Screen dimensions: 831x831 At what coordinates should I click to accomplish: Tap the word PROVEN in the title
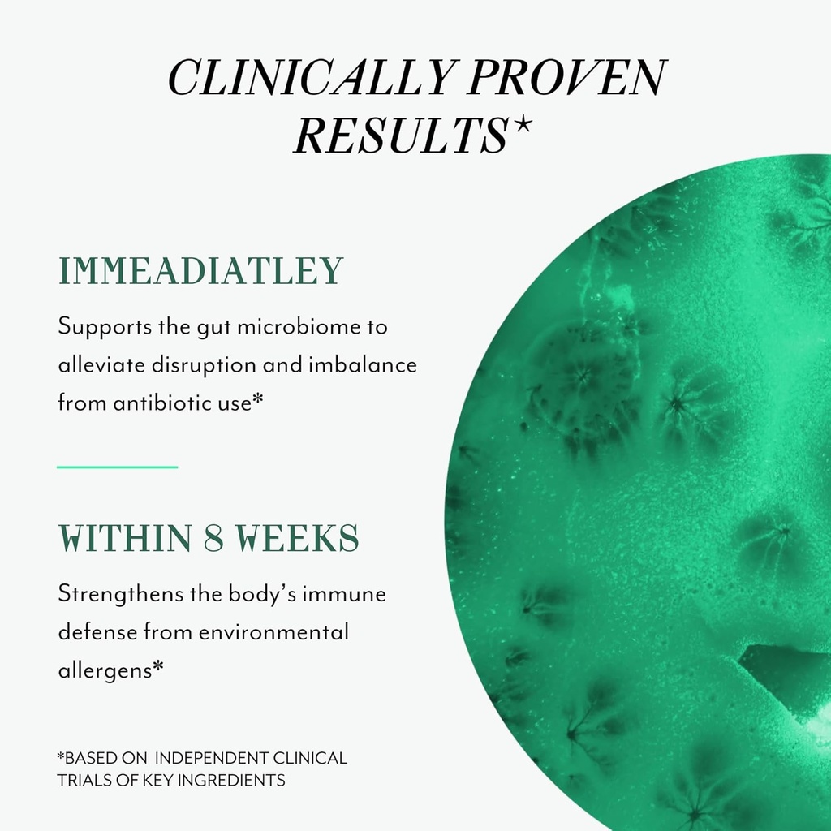pyautogui.click(x=566, y=77)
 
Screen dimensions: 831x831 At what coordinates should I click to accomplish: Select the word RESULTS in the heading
pyautogui.click(x=401, y=136)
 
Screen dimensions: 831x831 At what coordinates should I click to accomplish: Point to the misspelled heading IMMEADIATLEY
pyautogui.click(x=201, y=271)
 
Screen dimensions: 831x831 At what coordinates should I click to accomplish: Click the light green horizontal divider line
pyautogui.click(x=117, y=467)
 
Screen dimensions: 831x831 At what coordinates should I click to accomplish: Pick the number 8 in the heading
pyautogui.click(x=213, y=539)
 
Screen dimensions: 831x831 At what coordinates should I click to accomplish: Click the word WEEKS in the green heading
pyautogui.click(x=297, y=539)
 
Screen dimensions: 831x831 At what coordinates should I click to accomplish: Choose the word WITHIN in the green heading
pyautogui.click(x=125, y=539)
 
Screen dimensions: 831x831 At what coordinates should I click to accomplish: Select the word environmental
pyautogui.click(x=273, y=632)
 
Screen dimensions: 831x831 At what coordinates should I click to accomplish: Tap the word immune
pyautogui.click(x=344, y=594)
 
